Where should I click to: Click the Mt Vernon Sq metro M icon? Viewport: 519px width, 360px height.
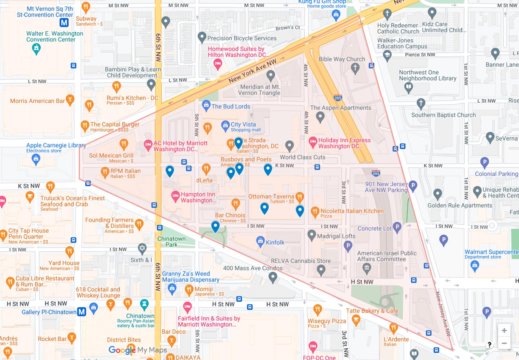point(64,23)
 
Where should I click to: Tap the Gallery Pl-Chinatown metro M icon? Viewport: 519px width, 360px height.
point(82,312)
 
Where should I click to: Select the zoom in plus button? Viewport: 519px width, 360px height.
point(504,331)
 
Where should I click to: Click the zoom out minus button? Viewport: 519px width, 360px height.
point(504,344)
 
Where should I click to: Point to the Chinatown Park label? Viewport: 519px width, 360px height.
point(171,242)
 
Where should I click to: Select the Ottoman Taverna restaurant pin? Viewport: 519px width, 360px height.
point(300,197)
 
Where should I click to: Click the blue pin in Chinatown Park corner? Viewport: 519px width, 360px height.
point(215,226)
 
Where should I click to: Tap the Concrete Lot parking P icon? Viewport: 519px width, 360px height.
point(397,227)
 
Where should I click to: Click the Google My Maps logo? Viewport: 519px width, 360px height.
point(138,350)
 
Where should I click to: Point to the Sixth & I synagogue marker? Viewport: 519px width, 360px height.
point(142,248)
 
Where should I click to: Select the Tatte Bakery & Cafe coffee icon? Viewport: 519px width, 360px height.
point(356,320)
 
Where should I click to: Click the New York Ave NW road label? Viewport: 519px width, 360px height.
point(252,71)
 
